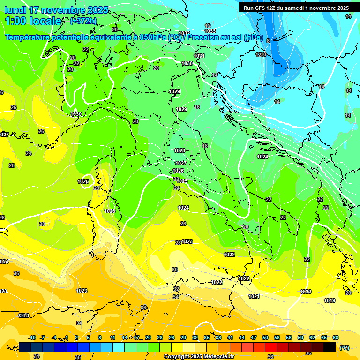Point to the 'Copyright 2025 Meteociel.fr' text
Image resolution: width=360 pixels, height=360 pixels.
pyautogui.click(x=199, y=357)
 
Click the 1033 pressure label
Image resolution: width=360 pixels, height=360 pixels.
pyautogui.click(x=210, y=31)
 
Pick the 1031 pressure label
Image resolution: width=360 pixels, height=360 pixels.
pyautogui.click(x=199, y=56)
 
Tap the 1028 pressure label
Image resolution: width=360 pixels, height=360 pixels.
pyautogui.click(x=180, y=150)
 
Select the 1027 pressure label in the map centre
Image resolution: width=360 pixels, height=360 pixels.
pyautogui.click(x=181, y=163)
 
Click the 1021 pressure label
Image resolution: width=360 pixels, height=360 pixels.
pyautogui.click(x=254, y=296)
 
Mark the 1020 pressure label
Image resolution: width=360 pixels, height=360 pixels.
pyautogui.click(x=306, y=292)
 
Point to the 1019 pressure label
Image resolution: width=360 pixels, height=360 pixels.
pyautogui.click(x=330, y=300)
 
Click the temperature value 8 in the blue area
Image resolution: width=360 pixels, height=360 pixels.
pyautogui.click(x=268, y=41)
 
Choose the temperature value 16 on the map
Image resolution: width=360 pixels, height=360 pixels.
pyautogui.click(x=197, y=107)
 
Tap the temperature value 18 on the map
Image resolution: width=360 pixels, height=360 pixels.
pyautogui.click(x=205, y=146)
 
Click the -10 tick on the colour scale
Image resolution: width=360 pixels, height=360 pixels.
pyautogui.click(x=32, y=337)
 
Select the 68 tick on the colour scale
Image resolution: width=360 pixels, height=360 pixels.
pyautogui.click(x=336, y=337)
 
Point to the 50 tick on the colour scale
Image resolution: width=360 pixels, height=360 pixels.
pyautogui.click(x=265, y=337)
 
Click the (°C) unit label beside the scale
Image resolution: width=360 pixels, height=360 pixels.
pyautogui.click(x=345, y=348)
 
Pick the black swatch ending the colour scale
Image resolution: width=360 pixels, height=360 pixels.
pyautogui.click(x=330, y=347)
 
